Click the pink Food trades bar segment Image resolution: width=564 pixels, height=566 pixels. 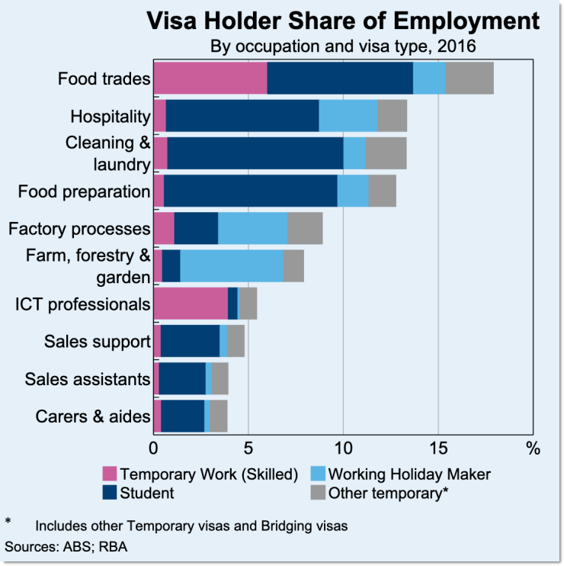click(210, 79)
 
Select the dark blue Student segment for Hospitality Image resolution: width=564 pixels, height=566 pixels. click(242, 116)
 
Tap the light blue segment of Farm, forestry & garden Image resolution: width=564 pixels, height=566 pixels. click(231, 265)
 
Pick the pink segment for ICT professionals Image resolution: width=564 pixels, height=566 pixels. click(191, 304)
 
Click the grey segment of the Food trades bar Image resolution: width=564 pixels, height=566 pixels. click(469, 79)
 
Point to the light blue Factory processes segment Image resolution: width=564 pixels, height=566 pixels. click(252, 228)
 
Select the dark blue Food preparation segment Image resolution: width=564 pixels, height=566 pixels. click(250, 191)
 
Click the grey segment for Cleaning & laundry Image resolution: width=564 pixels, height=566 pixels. click(386, 153)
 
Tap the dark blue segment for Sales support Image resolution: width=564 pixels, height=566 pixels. click(190, 341)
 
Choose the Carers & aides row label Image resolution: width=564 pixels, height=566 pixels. click(93, 416)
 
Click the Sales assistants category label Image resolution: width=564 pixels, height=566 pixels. click(87, 379)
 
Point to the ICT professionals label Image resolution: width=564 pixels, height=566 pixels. click(82, 304)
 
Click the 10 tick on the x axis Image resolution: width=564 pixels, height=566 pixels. click(343, 445)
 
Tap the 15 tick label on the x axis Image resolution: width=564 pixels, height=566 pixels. click(438, 445)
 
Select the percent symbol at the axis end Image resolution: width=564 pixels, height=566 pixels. click(531, 445)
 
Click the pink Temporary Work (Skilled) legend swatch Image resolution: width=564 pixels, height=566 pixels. click(110, 474)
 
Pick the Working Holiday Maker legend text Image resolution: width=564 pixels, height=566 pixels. click(409, 474)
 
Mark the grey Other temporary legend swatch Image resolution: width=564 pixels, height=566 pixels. click(318, 493)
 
